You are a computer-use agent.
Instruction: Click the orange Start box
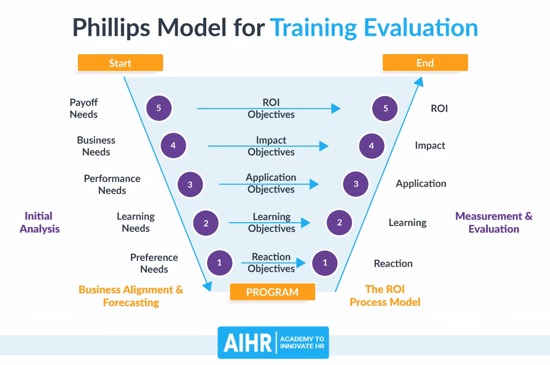120,63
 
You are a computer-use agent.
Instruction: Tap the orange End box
425,63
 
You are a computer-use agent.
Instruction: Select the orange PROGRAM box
272,293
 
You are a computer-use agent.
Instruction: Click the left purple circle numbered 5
158,108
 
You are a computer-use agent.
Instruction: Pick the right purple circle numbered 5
385,108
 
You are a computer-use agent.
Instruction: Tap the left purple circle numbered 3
190,185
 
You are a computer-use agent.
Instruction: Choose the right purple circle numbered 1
325,263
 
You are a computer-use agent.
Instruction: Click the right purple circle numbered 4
371,145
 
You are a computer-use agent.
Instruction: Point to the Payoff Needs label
84,108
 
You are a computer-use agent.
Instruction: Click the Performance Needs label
112,184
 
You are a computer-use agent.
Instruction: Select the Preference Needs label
154,263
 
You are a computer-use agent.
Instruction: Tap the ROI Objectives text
271,108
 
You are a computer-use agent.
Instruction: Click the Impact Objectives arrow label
271,146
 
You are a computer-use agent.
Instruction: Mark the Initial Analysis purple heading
39,222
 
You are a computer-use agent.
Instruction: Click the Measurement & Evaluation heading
494,222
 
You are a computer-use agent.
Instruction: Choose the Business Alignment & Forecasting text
131,296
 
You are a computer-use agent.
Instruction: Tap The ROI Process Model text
385,296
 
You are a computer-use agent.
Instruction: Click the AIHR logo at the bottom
273,342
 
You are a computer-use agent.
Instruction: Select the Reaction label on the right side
393,264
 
